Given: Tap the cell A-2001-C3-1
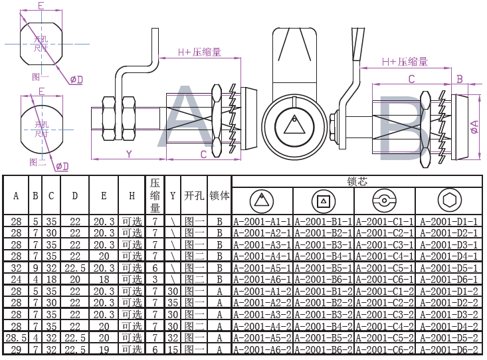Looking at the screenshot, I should coord(385,244).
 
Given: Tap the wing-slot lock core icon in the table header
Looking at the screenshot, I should coord(385,199).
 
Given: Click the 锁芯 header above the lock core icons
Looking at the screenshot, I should coord(357,181).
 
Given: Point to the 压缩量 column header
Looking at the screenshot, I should coord(155,195).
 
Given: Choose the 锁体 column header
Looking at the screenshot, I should coord(219,196).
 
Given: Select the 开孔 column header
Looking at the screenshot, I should coord(193,196).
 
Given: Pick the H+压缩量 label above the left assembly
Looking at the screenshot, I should coord(199,51).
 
